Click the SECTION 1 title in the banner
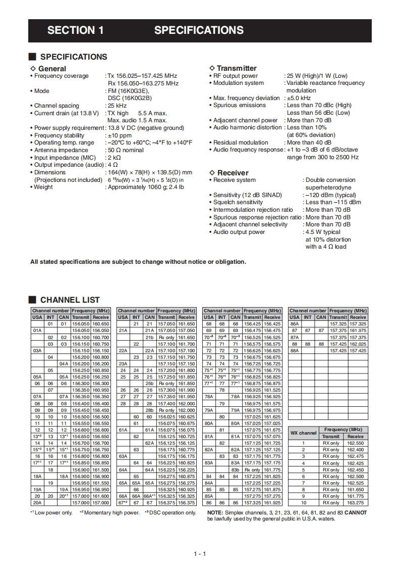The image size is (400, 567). click(76, 30)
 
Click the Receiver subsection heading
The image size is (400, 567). click(233, 172)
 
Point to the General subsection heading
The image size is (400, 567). click(52, 68)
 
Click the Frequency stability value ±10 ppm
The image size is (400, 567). click(119, 135)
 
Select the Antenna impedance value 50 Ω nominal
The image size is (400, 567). click(126, 150)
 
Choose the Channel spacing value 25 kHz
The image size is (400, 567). click(117, 106)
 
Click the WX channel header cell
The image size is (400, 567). click(304, 433)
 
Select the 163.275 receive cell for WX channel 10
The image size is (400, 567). click(355, 503)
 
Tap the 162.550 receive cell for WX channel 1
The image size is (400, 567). click(355, 443)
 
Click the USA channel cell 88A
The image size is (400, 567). click(295, 350)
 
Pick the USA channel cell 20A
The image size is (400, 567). click(37, 503)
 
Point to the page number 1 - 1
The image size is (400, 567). click(200, 554)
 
